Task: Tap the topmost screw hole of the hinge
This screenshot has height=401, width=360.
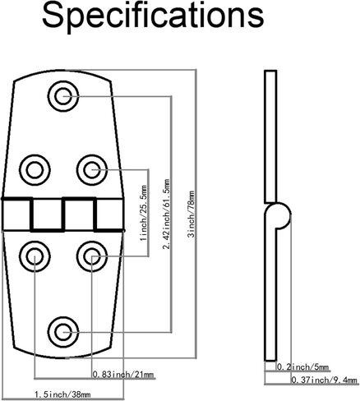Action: pos(63,96)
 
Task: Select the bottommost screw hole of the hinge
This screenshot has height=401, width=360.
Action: pos(63,332)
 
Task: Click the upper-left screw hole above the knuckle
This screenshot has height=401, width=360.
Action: pos(35,170)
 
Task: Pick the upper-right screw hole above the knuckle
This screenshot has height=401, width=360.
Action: pos(92,170)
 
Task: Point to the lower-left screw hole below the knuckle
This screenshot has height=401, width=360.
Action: pos(35,256)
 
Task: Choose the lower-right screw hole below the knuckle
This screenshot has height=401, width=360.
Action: pos(92,256)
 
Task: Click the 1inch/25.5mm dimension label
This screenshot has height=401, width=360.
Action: pos(144,213)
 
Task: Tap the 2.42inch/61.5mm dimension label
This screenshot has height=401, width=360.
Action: pos(166,214)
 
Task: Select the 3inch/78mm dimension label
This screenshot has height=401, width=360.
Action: pos(191,214)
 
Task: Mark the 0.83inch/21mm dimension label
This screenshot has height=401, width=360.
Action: pos(123,374)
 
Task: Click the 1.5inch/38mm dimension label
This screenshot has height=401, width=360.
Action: pos(62,394)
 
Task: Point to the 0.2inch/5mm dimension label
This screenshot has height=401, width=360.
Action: pos(302,366)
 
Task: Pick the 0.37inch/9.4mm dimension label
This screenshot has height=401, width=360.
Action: pos(324,380)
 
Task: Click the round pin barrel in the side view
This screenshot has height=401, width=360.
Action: pos(279,215)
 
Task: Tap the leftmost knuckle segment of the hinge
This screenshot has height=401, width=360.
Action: pos(16,214)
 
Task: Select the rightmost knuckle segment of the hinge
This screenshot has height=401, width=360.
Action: pos(110,214)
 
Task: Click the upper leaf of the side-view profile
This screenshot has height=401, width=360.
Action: pos(270,137)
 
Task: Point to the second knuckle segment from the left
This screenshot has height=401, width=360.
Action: pos(48,214)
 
